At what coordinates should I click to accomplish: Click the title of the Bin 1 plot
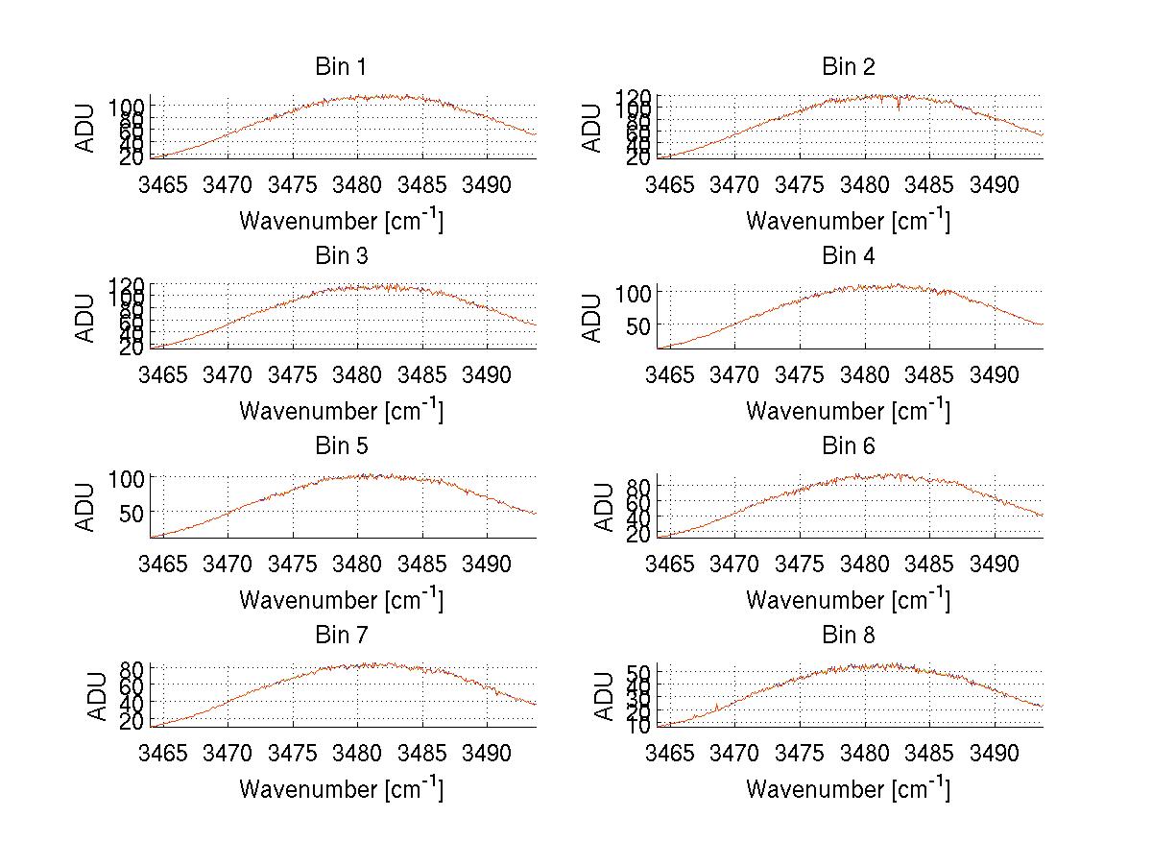pos(341,67)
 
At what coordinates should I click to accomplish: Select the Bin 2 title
pos(848,67)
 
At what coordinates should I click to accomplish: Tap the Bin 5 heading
pos(341,446)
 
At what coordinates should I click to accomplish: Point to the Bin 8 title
pos(848,636)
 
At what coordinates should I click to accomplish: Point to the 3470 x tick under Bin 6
pos(734,563)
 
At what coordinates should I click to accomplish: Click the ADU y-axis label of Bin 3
pos(86,318)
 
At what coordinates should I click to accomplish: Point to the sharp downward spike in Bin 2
pos(899,107)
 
